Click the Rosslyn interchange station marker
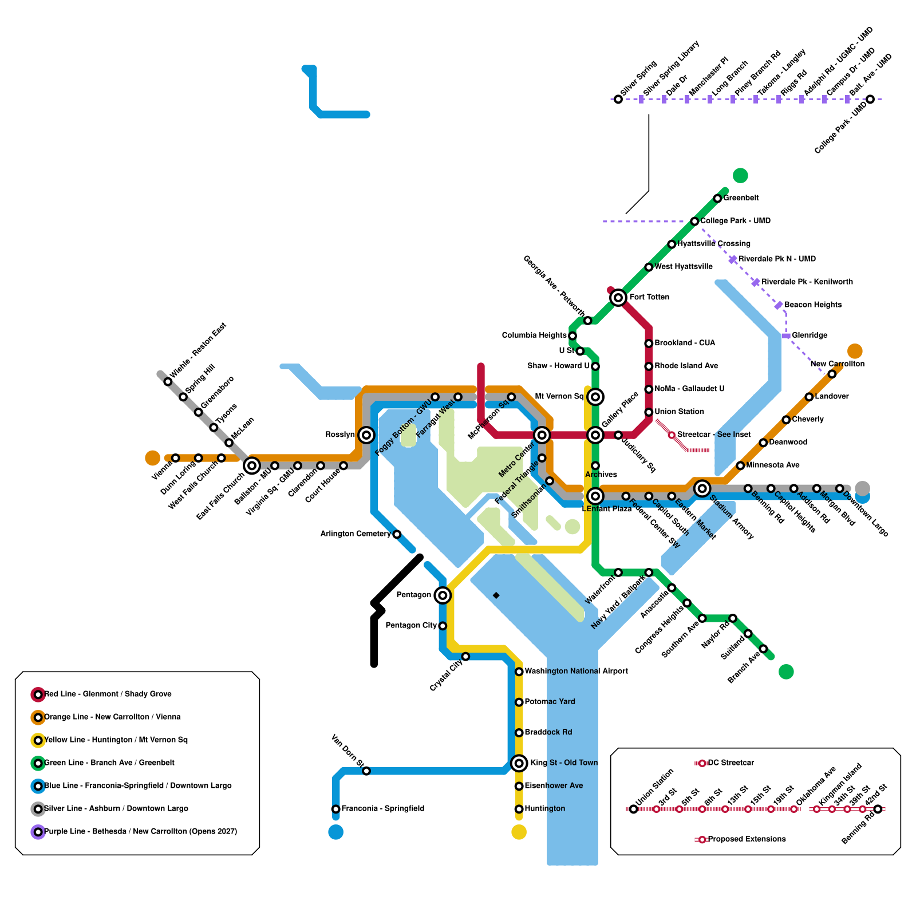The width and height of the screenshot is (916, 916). pyautogui.click(x=366, y=435)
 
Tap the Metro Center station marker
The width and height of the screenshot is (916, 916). pyautogui.click(x=542, y=435)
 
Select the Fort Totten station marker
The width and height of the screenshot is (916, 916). pyautogui.click(x=618, y=297)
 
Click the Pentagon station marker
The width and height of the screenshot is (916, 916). pyautogui.click(x=442, y=595)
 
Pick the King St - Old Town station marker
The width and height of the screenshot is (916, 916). pyautogui.click(x=519, y=763)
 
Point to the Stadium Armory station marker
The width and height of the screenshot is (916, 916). pyautogui.click(x=702, y=488)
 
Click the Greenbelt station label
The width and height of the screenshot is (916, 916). pyautogui.click(x=741, y=198)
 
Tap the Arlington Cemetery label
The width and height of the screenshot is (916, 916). pyautogui.click(x=355, y=534)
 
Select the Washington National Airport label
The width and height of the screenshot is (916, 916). pyautogui.click(x=576, y=671)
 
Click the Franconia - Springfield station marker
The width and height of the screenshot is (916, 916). pyautogui.click(x=335, y=809)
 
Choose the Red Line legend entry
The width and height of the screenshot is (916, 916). pyautogui.click(x=108, y=694)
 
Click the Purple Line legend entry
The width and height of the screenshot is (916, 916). pyautogui.click(x=140, y=831)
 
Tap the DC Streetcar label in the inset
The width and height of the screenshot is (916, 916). pyautogui.click(x=731, y=763)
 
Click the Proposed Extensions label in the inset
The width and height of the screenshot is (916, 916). pyautogui.click(x=747, y=839)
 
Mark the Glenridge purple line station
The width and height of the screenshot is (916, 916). pyautogui.click(x=786, y=335)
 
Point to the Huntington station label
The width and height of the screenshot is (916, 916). pyautogui.click(x=544, y=808)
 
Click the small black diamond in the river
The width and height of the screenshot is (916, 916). pyautogui.click(x=496, y=595)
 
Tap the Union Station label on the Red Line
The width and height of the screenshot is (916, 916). pyautogui.click(x=679, y=412)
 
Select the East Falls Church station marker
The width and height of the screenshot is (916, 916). pyautogui.click(x=252, y=465)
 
